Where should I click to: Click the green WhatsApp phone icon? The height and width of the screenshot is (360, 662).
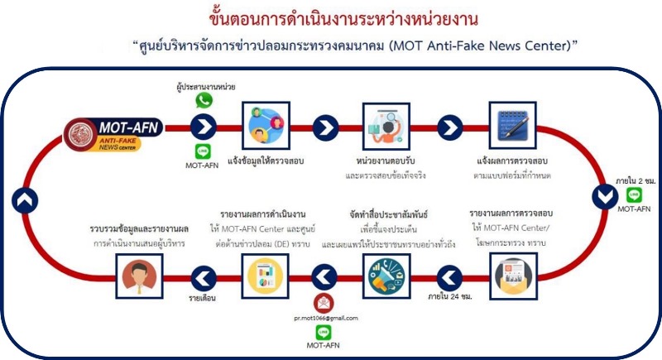click(204, 100)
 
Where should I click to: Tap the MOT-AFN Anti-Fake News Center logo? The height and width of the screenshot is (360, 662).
click(113, 134)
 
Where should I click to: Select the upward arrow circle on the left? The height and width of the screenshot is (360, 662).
click(25, 200)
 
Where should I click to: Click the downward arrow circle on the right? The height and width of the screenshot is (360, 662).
click(605, 197)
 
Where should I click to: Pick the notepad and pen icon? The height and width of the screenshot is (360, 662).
click(512, 125)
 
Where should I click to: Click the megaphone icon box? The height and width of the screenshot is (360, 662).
click(386, 276)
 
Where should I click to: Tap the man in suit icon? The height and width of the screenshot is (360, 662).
click(139, 276)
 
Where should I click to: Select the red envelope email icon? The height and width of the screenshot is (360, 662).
click(324, 304)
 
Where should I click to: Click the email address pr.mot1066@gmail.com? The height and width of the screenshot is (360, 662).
click(326, 319)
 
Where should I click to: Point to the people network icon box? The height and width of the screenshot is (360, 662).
click(266, 125)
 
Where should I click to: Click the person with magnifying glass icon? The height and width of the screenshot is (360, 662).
click(386, 126)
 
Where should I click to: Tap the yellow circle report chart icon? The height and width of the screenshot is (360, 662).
click(265, 276)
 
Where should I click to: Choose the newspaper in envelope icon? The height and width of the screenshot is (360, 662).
click(513, 276)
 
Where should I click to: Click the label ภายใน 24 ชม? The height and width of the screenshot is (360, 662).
click(450, 297)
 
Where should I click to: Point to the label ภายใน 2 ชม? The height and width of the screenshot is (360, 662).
click(636, 181)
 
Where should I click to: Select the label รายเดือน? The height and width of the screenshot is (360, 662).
click(202, 298)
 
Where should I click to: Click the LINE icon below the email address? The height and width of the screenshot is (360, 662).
click(324, 333)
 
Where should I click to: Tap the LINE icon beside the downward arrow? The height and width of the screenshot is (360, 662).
click(634, 195)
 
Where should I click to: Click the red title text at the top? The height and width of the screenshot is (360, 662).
click(343, 19)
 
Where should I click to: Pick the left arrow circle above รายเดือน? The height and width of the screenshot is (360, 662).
click(204, 279)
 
